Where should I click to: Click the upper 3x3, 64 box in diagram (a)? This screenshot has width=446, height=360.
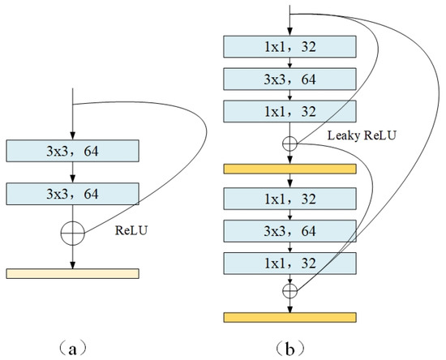73,151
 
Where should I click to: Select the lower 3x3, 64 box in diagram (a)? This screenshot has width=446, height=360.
73,193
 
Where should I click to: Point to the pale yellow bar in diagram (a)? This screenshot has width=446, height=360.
73,273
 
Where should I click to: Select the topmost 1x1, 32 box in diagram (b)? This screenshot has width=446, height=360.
289,48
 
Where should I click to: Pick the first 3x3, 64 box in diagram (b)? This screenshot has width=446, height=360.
289,79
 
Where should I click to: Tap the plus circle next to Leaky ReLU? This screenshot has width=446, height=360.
289,144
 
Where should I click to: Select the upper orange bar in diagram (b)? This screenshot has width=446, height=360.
289,168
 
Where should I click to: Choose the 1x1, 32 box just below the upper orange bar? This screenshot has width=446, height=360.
289,198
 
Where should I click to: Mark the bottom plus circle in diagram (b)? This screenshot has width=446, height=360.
289,290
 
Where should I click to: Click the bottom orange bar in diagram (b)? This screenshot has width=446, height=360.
289,316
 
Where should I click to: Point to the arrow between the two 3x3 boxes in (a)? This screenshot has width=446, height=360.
73,172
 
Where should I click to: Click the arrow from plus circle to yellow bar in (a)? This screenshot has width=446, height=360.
73,256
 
